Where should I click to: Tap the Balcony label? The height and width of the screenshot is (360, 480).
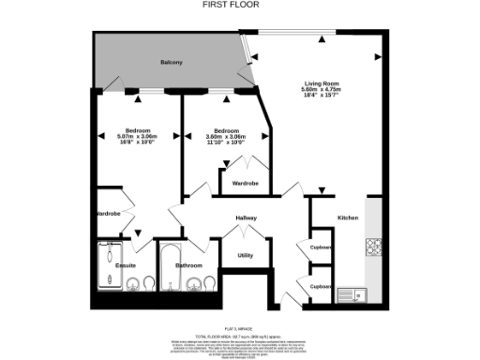tap(171, 62)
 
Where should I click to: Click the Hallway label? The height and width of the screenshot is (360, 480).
tap(246, 218)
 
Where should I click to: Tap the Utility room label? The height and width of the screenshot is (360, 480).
tap(246, 255)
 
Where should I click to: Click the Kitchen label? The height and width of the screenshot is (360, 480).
tap(348, 218)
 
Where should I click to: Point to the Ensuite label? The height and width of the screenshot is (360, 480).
tap(126, 266)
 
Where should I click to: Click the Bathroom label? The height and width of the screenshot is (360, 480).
tap(189, 266)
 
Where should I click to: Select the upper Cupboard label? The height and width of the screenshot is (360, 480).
tap(322, 247)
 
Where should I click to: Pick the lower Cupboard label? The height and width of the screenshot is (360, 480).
tap(322, 286)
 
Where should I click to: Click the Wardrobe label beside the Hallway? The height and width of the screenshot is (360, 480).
tap(246, 183)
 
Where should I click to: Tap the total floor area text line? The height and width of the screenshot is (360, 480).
tap(240, 335)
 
